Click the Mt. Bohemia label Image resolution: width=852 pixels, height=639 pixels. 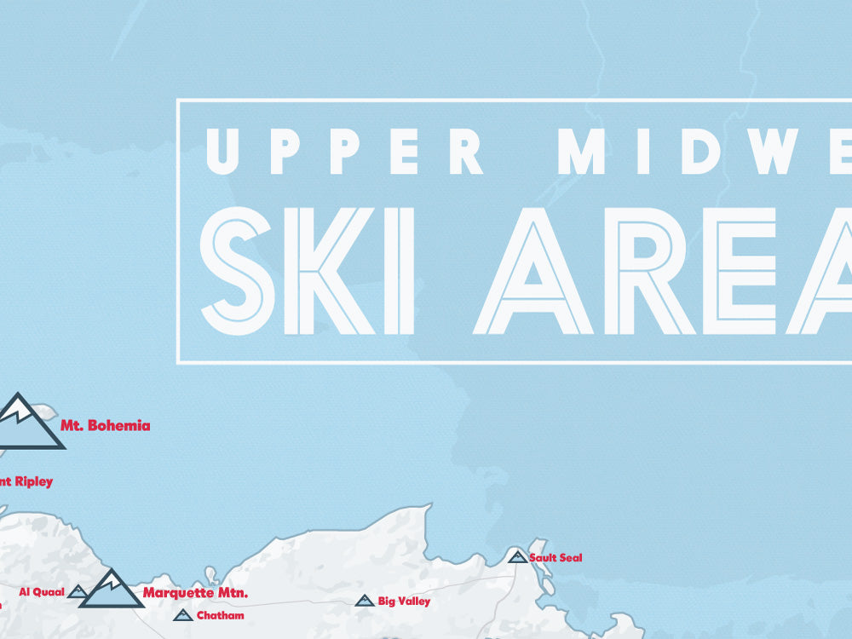pyautogui.click(x=105, y=425)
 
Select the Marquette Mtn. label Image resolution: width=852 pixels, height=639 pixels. pyautogui.click(x=195, y=592)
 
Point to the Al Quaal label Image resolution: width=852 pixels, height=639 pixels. pyautogui.click(x=42, y=591)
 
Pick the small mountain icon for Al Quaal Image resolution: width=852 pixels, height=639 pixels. pyautogui.click(x=78, y=591)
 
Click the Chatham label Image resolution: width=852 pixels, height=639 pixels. pyautogui.click(x=220, y=615)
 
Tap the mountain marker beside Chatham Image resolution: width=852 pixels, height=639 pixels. pyautogui.click(x=181, y=615)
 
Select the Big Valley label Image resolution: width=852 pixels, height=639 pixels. pyautogui.click(x=404, y=602)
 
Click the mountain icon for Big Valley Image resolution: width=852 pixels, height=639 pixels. pyautogui.click(x=365, y=601)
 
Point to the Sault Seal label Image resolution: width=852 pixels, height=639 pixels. pyautogui.click(x=556, y=557)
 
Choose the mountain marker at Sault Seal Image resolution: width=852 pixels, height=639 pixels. pyautogui.click(x=517, y=556)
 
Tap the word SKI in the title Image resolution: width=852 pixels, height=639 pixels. pyautogui.click(x=308, y=271)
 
